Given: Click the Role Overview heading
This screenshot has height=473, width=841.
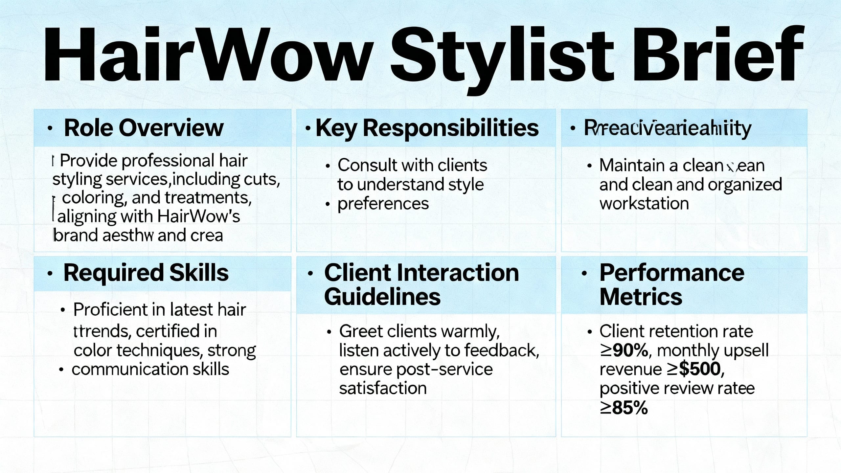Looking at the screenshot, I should coord(144,128).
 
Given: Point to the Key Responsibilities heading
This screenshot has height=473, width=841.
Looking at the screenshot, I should coord(427,128).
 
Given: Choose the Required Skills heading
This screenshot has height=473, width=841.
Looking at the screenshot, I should coord(146,273).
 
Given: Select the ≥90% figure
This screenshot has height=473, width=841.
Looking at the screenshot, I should coord(624,351).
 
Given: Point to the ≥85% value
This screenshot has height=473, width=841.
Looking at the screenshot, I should coord(624,408).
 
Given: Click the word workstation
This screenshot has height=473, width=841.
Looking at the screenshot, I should coord(644,204).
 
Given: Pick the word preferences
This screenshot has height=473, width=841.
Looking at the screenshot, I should coord(383,204).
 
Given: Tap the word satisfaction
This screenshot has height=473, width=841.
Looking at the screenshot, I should coord(383,388).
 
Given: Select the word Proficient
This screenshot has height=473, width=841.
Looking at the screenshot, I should coord(110,310).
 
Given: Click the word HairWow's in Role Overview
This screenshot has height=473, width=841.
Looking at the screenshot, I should coord(198,216).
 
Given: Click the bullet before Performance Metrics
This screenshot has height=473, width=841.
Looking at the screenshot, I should coord(584,273).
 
